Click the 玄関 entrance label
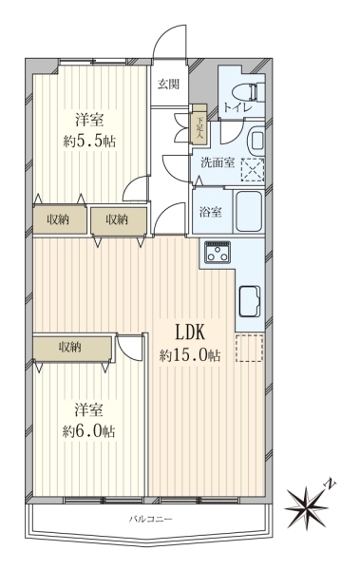click(x=168, y=85)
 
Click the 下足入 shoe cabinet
click(x=199, y=123)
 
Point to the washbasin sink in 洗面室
click(x=256, y=140)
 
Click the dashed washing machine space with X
click(x=253, y=169)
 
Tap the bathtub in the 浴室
click(x=249, y=212)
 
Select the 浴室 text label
click(x=211, y=212)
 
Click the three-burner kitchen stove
click(x=218, y=252)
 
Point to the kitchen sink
click(x=249, y=301)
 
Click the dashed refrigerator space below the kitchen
click(x=249, y=349)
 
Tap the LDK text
click(x=191, y=332)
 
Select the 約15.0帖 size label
click(x=190, y=354)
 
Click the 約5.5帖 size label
click(x=89, y=141)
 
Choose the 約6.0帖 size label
click(x=88, y=431)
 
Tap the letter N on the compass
click(x=331, y=484)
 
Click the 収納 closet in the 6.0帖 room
click(x=71, y=349)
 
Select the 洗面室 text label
click(x=218, y=162)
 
